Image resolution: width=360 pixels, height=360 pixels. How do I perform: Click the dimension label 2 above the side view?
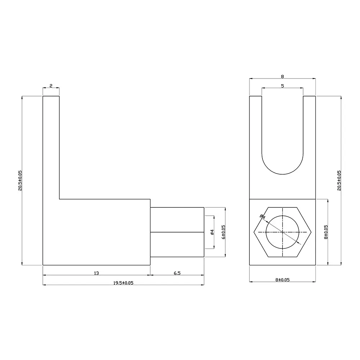[51, 86]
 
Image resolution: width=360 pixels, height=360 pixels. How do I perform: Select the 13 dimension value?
[96, 273]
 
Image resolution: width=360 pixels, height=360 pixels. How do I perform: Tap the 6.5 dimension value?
[177, 273]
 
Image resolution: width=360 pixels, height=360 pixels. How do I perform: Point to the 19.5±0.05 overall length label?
[123, 283]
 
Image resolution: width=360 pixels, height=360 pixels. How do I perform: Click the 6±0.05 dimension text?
[224, 232]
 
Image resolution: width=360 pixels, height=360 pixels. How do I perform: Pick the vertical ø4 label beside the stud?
[212, 232]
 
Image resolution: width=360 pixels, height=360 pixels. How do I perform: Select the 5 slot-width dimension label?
[282, 86]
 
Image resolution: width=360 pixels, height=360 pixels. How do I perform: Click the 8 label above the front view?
[282, 76]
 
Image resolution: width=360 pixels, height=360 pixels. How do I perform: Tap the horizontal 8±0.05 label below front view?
[282, 280]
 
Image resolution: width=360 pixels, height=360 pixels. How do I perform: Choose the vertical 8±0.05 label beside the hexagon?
[326, 232]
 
